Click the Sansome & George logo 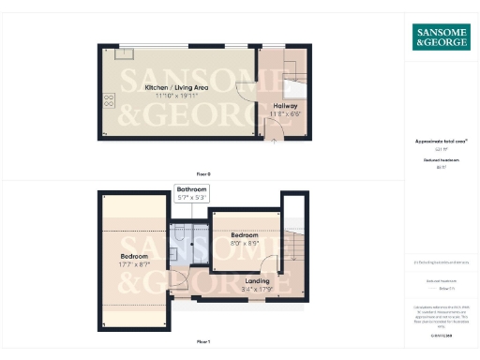442,37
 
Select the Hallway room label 285,106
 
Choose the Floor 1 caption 203,341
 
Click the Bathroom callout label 192,189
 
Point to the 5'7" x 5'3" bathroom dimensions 192,198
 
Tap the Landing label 257,280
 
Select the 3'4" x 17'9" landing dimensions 257,289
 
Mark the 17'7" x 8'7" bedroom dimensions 134,265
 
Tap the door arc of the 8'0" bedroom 269,265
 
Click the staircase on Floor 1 292,246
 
